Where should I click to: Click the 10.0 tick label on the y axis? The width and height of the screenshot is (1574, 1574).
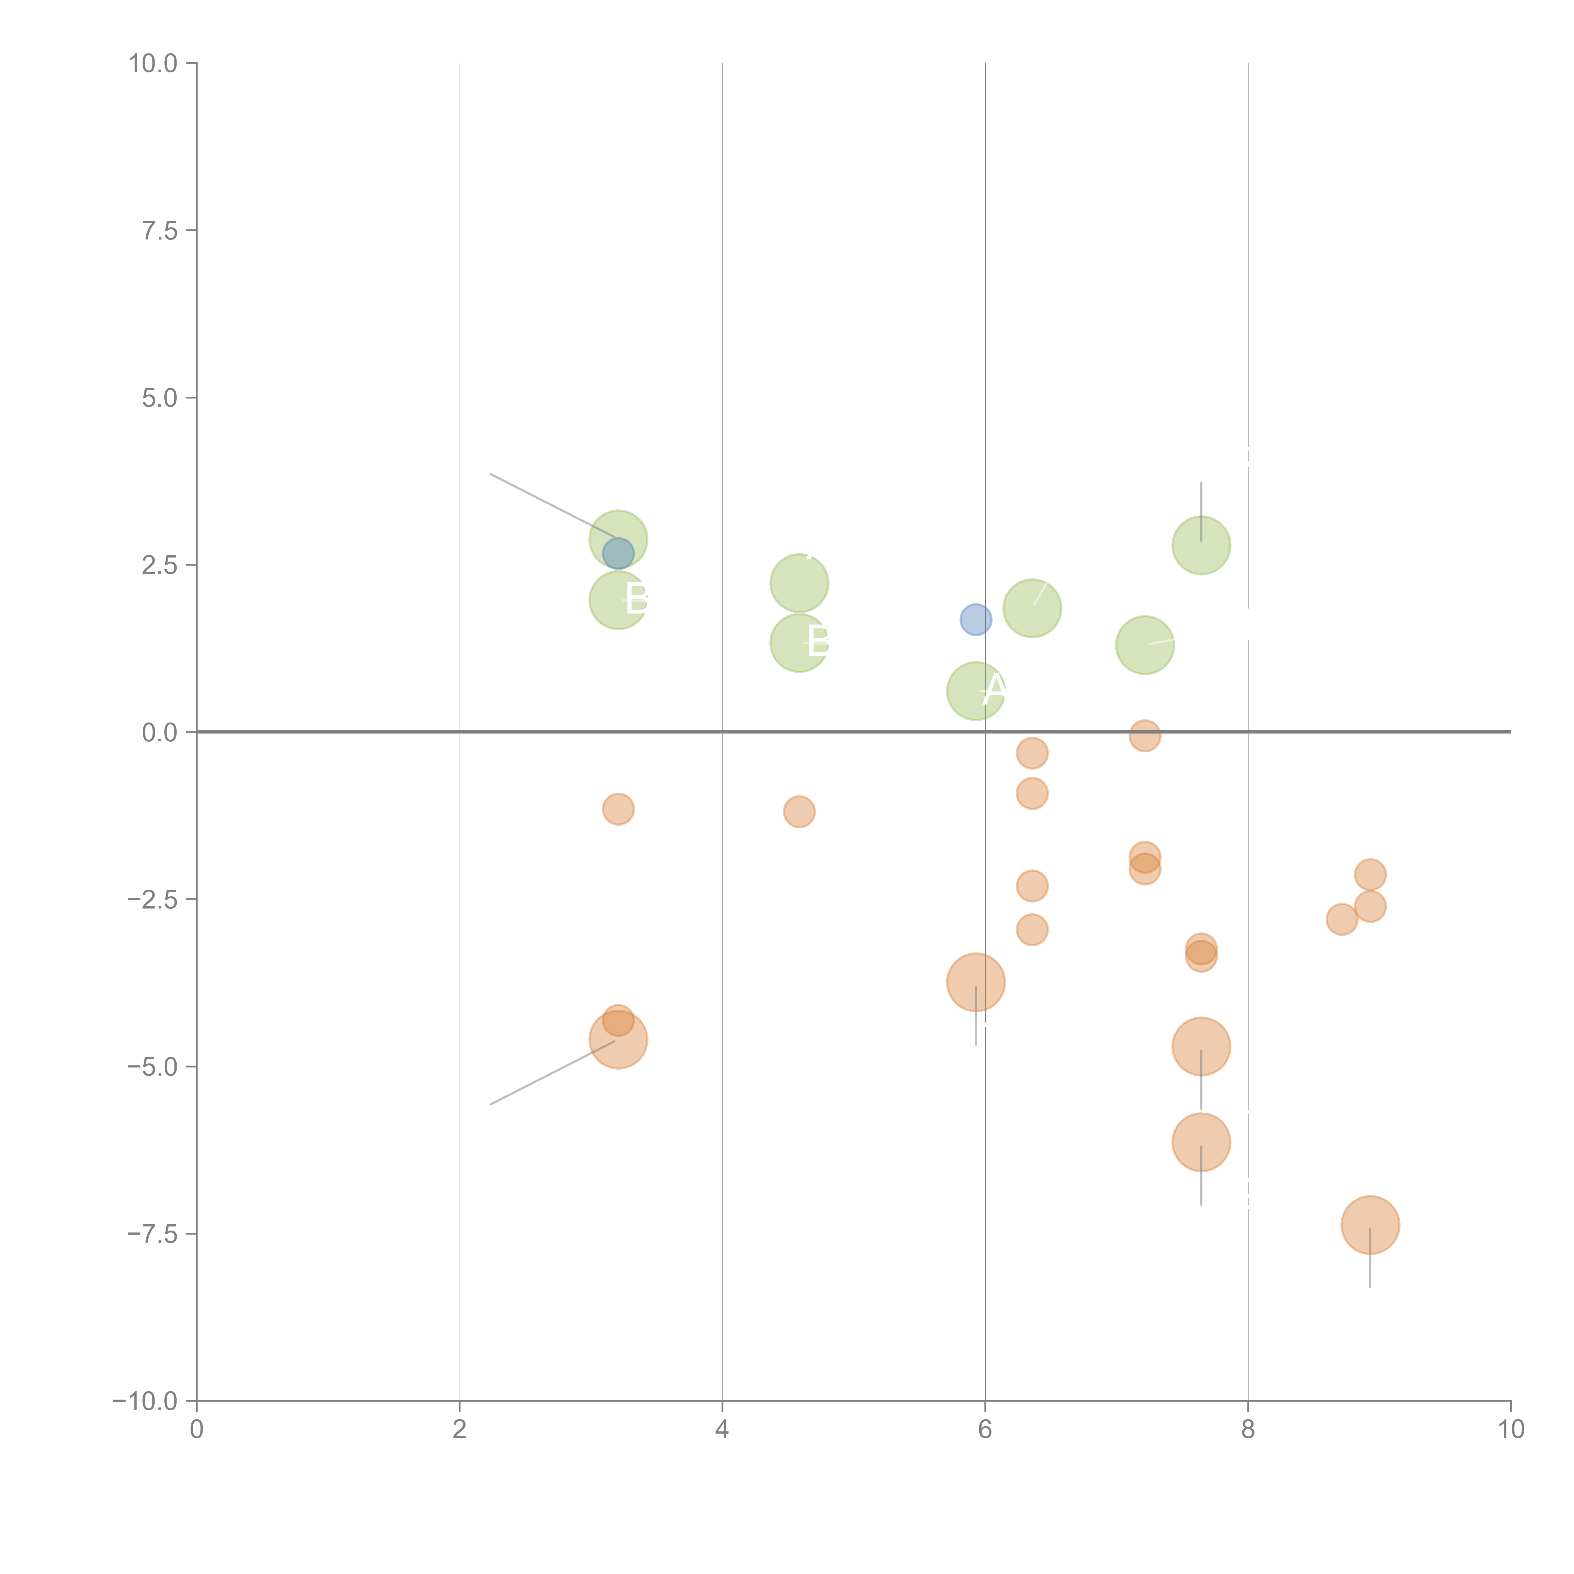point(153,64)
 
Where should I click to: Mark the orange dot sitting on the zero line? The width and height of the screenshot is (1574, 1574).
point(1145,736)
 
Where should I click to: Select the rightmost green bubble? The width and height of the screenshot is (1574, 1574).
point(1201,545)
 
